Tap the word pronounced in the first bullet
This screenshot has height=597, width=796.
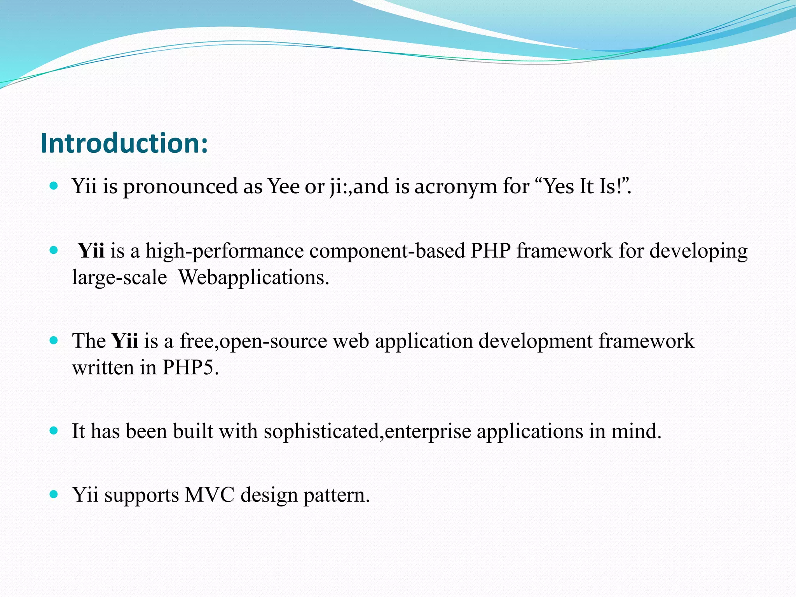(180, 186)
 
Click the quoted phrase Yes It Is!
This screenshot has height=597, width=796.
(583, 186)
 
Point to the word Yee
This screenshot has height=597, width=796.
(283, 186)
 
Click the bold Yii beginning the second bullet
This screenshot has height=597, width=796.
(91, 251)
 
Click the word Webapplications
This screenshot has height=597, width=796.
(253, 278)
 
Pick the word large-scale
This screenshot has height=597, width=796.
(119, 278)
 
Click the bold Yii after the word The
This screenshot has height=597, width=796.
(125, 341)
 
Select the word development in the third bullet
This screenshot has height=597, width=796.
(535, 341)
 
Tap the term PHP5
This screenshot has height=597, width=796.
(190, 367)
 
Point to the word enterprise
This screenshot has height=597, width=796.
(428, 431)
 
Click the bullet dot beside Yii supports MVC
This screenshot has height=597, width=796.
(54, 494)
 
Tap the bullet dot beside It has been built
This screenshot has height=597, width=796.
(54, 431)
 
